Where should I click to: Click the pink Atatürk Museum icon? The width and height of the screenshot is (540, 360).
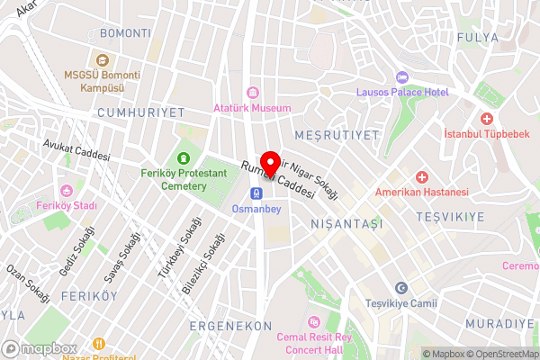(x=253, y=92)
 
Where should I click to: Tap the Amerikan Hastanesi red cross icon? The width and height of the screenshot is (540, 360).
(x=421, y=176)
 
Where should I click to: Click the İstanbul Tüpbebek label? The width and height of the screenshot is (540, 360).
(x=487, y=134)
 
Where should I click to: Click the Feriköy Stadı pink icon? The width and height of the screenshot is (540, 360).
(x=66, y=190)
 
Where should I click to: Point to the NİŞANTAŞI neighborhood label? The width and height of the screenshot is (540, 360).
(x=346, y=222)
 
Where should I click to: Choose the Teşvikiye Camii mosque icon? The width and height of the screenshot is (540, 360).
(x=401, y=287)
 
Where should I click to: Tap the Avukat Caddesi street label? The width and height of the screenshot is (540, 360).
(x=76, y=149)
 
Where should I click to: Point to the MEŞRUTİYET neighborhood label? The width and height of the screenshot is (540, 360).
(x=345, y=136)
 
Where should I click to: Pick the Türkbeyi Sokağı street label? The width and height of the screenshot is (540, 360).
(x=177, y=255)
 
